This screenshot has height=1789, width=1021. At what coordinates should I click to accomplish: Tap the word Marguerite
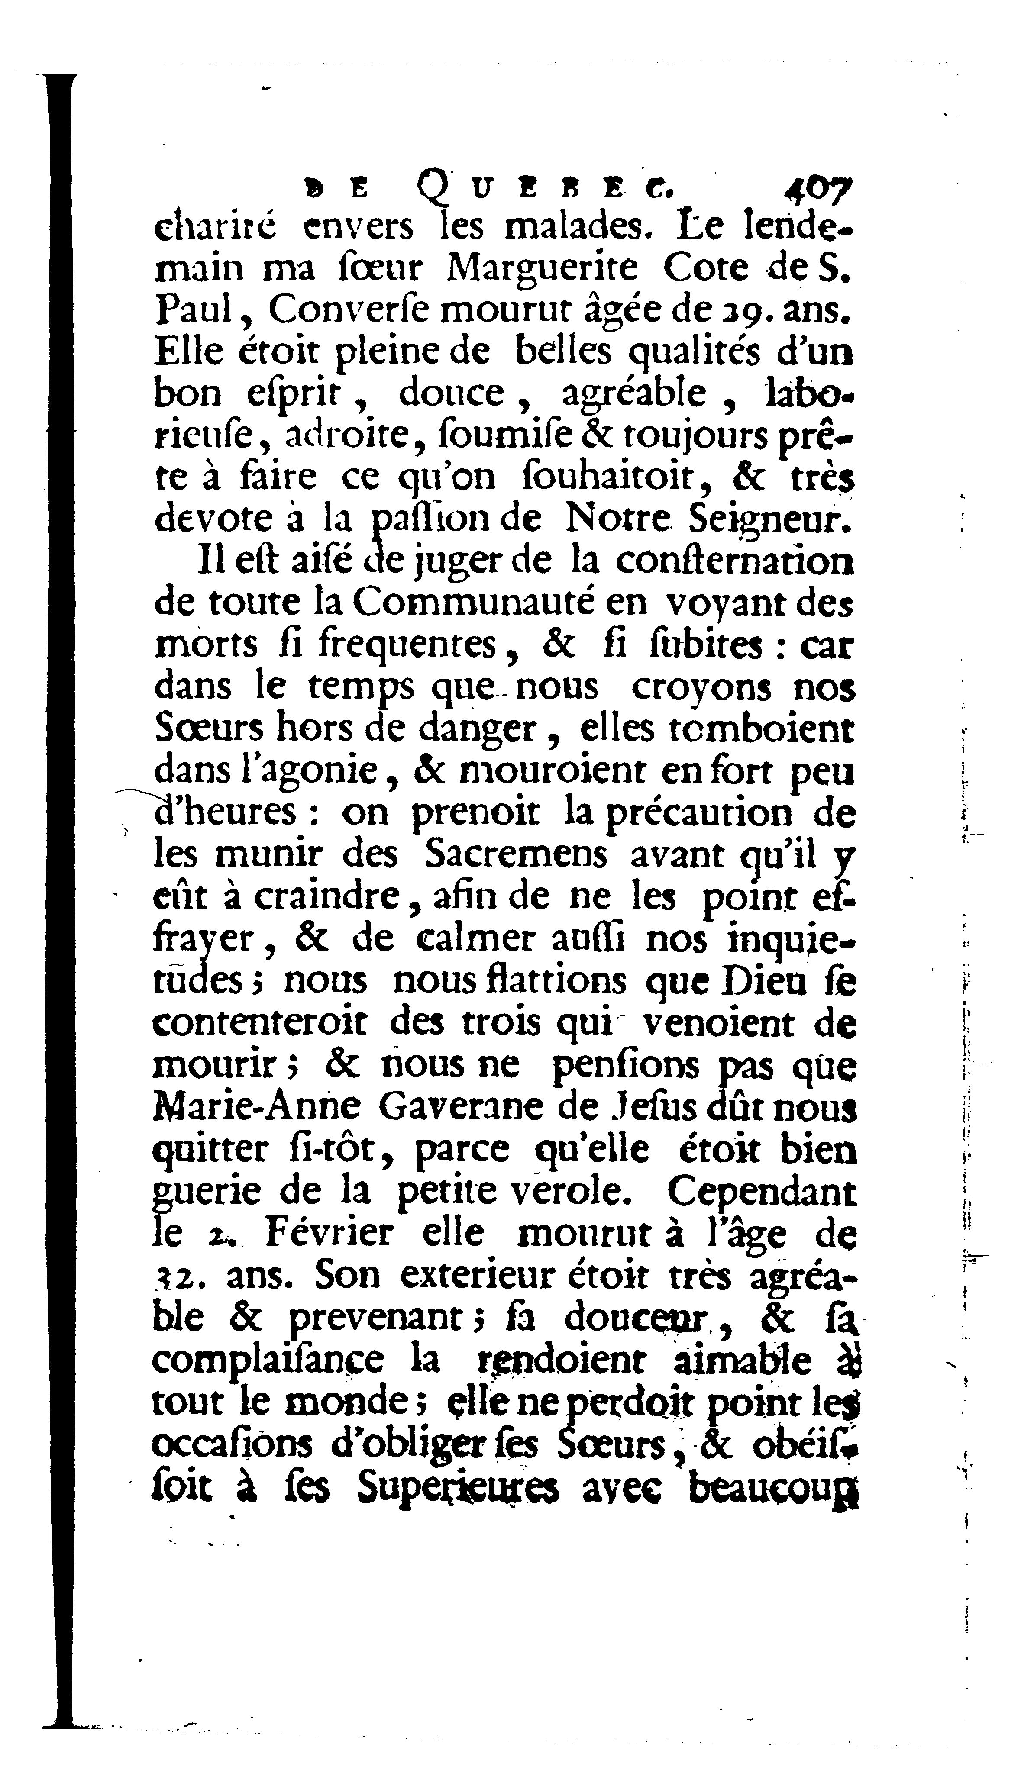[542, 268]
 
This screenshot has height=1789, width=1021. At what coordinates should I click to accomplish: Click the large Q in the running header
[433, 188]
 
